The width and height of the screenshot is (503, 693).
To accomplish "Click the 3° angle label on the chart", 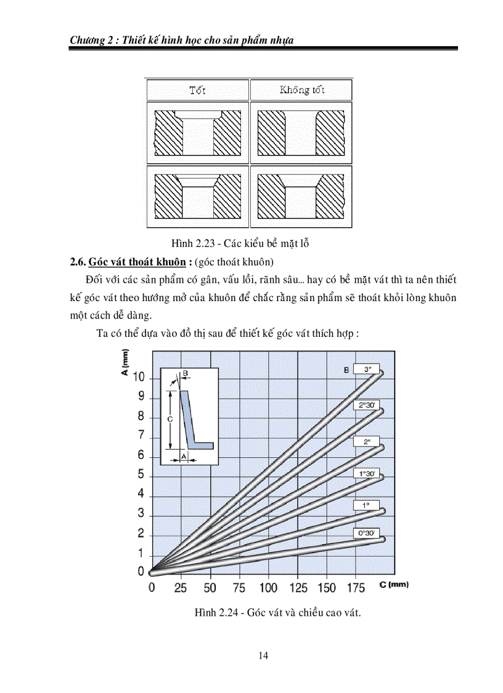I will pos(368,369).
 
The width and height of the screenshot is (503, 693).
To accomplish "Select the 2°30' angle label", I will pos(368,405).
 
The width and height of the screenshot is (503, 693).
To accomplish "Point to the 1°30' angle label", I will pos(367,475).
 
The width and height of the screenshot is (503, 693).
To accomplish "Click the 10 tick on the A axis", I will pos(139,377).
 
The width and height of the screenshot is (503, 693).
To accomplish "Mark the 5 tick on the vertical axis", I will pos(141,475).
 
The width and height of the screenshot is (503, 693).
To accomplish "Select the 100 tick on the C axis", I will pos(268,587).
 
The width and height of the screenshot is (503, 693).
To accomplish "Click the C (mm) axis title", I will pos(394,584).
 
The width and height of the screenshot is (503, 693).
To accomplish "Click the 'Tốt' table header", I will pos(197,90).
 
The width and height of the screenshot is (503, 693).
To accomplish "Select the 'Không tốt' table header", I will pos(301,90).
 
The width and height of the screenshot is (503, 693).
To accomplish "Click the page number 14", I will pos(263,655).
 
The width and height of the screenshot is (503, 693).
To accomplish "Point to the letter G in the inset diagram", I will pos(170,418).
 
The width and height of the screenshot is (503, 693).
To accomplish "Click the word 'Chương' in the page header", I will pos(88,40).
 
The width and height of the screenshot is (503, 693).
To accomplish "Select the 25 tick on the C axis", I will pos(181,587).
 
